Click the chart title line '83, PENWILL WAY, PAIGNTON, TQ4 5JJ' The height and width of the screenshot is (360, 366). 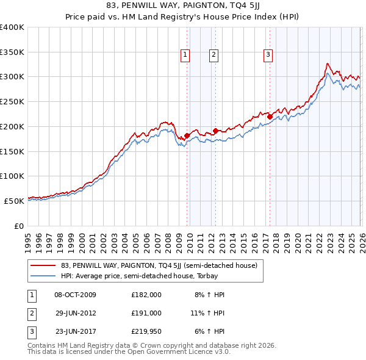pyautogui.click(x=183, y=8)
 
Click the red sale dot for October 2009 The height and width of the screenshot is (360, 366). pyautogui.click(x=187, y=135)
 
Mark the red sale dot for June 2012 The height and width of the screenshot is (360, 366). pyautogui.click(x=216, y=131)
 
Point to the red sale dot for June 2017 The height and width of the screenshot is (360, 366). pyautogui.click(x=270, y=117)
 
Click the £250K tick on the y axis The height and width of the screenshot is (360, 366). pyautogui.click(x=12, y=101)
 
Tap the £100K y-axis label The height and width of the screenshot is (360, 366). pyautogui.click(x=12, y=176)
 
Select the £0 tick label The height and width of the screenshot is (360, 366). pyautogui.click(x=20, y=225)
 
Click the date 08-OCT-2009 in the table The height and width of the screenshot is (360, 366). pyautogui.click(x=75, y=294)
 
